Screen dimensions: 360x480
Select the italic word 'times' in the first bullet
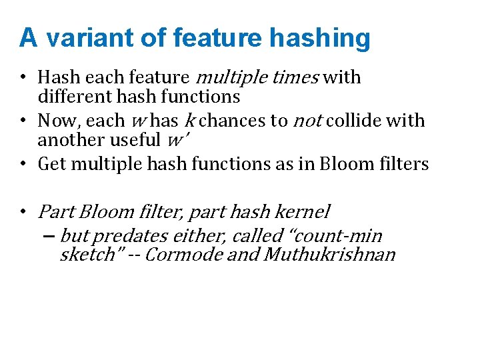tap(297, 77)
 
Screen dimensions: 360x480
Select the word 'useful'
tap(137, 140)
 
